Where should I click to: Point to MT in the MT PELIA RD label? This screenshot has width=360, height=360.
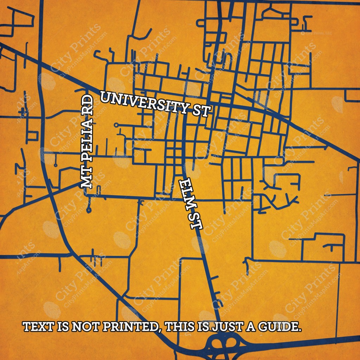87,179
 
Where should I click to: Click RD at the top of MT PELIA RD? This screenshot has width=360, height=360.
88,105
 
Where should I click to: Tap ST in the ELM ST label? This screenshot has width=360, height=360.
196,221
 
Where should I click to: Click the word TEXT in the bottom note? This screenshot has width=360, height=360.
38,327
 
